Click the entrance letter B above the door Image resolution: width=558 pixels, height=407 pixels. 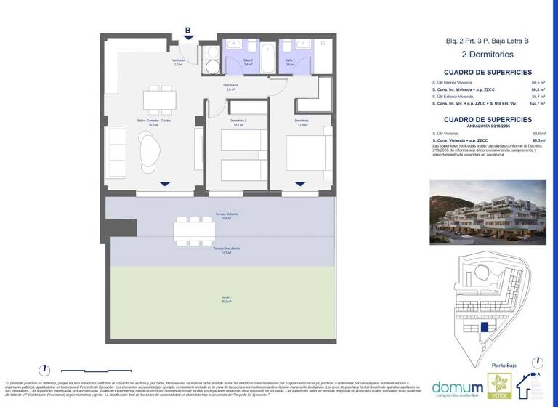pyautogui.click(x=187, y=31)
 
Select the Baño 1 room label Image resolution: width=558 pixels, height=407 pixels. pyautogui.click(x=289, y=61)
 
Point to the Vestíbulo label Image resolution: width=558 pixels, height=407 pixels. pyautogui.click(x=178, y=62)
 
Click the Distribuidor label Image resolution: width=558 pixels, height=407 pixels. pyautogui.click(x=230, y=86)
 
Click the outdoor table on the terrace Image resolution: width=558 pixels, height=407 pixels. pyautogui.click(x=194, y=231)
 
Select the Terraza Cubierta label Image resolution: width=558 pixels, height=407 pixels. pyautogui.click(x=227, y=216)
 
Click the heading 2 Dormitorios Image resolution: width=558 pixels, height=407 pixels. pyautogui.click(x=488, y=55)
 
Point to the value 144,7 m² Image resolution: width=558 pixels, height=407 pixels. pyautogui.click(x=538, y=104)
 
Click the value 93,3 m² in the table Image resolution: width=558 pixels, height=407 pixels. pyautogui.click(x=538, y=140)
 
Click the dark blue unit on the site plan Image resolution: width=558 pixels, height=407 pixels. pyautogui.click(x=485, y=329)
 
